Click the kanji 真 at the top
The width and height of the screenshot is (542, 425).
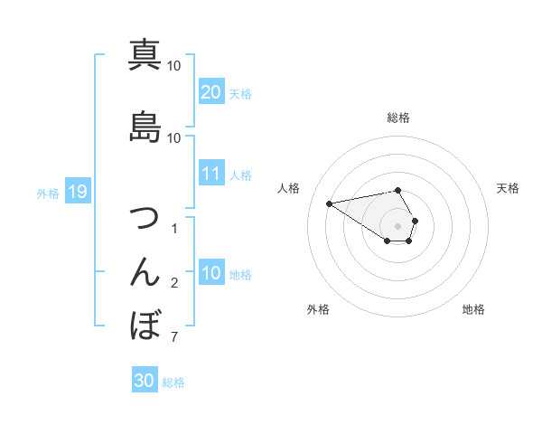pos(145,55)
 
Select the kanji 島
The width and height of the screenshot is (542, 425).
pos(145,127)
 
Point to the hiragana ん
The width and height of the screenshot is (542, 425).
pos(145,272)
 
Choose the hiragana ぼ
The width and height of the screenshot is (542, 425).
pos(145,325)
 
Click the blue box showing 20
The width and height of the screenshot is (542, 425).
pos(211,92)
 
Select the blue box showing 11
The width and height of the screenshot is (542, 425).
pos(211,175)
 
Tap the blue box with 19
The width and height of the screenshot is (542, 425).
pos(77,192)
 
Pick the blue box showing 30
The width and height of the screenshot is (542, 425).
pos(144,381)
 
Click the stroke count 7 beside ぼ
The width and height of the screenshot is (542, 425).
pos(173,338)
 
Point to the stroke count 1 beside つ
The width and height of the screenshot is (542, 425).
pos(173,229)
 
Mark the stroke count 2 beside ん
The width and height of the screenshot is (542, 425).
pos(173,284)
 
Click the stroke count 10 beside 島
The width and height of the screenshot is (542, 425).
pos(173,137)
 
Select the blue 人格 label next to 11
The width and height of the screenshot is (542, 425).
pos(240,175)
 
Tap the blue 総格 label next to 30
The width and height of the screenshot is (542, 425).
pos(173,382)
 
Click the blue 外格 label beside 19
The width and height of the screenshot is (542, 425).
pos(48,193)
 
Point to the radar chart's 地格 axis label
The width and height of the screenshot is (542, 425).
pos(473,310)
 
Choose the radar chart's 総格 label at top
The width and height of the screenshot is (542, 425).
pos(398,118)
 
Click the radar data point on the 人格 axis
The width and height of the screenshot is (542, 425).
pos(329,203)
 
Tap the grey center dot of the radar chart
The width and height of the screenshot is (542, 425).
pos(398,225)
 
